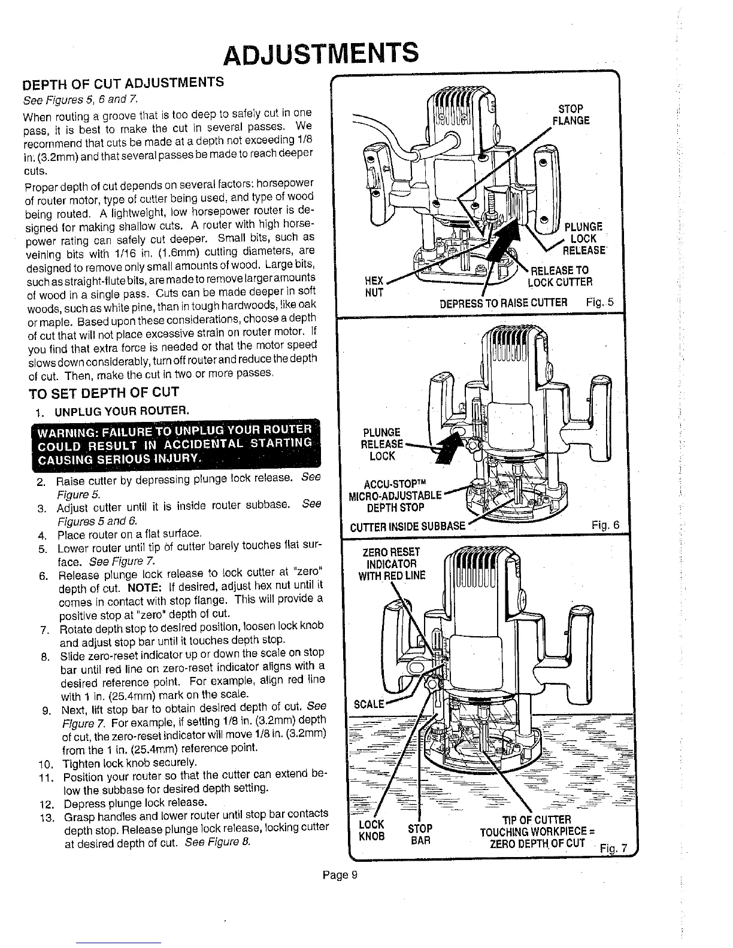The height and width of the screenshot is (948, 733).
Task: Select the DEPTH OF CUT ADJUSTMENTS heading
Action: [123, 83]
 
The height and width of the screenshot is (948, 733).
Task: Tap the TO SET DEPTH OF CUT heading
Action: [105, 393]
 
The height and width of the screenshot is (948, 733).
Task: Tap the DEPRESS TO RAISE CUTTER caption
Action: [503, 302]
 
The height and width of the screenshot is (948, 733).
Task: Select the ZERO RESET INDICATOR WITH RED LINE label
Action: [392, 564]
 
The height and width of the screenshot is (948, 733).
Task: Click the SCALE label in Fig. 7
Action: [368, 704]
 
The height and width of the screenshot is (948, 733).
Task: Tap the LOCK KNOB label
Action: [371, 830]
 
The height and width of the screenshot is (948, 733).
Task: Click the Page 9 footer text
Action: [340, 876]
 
